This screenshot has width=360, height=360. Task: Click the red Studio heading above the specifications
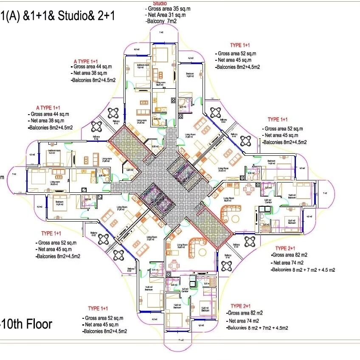pyautogui.click(x=160, y=3)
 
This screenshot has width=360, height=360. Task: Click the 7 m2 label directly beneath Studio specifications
pyautogui.click(x=161, y=32)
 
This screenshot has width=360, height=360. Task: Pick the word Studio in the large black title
pyautogui.click(x=74, y=17)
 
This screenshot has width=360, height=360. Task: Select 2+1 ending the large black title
pyautogui.click(x=104, y=17)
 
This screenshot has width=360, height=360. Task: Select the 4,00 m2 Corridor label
pyautogui.click(x=185, y=291)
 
